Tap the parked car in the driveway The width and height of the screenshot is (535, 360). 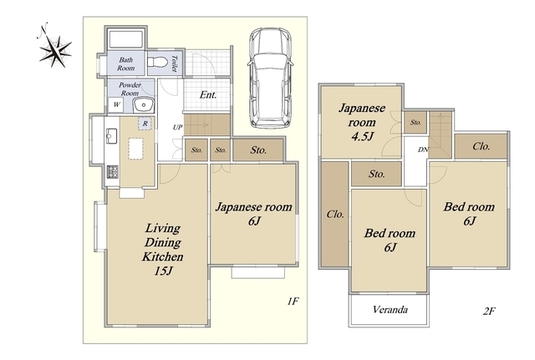tap(271, 78)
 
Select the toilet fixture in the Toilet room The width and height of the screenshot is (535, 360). tap(157, 63)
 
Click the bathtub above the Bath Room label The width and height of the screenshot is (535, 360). tap(125, 39)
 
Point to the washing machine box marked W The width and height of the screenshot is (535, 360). tap(116, 104)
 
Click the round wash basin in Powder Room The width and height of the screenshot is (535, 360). tap(144, 105)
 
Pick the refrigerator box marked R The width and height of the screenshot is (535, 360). tap(145, 124)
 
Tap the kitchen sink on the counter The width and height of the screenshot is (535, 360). tap(111, 136)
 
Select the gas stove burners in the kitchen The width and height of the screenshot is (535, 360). tap(112, 171)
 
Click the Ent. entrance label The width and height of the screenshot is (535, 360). tap(208, 94)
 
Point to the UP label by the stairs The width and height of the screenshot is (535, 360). tap(177, 127)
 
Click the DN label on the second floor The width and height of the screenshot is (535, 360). tap(423, 150)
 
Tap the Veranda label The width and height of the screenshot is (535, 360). tap(390, 310)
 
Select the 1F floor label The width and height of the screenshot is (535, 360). tap(293, 301)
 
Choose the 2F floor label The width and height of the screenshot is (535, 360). tap(489, 311)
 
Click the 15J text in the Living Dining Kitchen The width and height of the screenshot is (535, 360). tap(164, 271)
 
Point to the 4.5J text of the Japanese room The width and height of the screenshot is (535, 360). tap(362, 136)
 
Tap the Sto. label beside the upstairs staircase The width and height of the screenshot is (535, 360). tap(415, 122)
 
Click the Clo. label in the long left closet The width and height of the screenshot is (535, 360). tap(335, 214)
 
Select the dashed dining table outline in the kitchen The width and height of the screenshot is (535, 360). tap(135, 149)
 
